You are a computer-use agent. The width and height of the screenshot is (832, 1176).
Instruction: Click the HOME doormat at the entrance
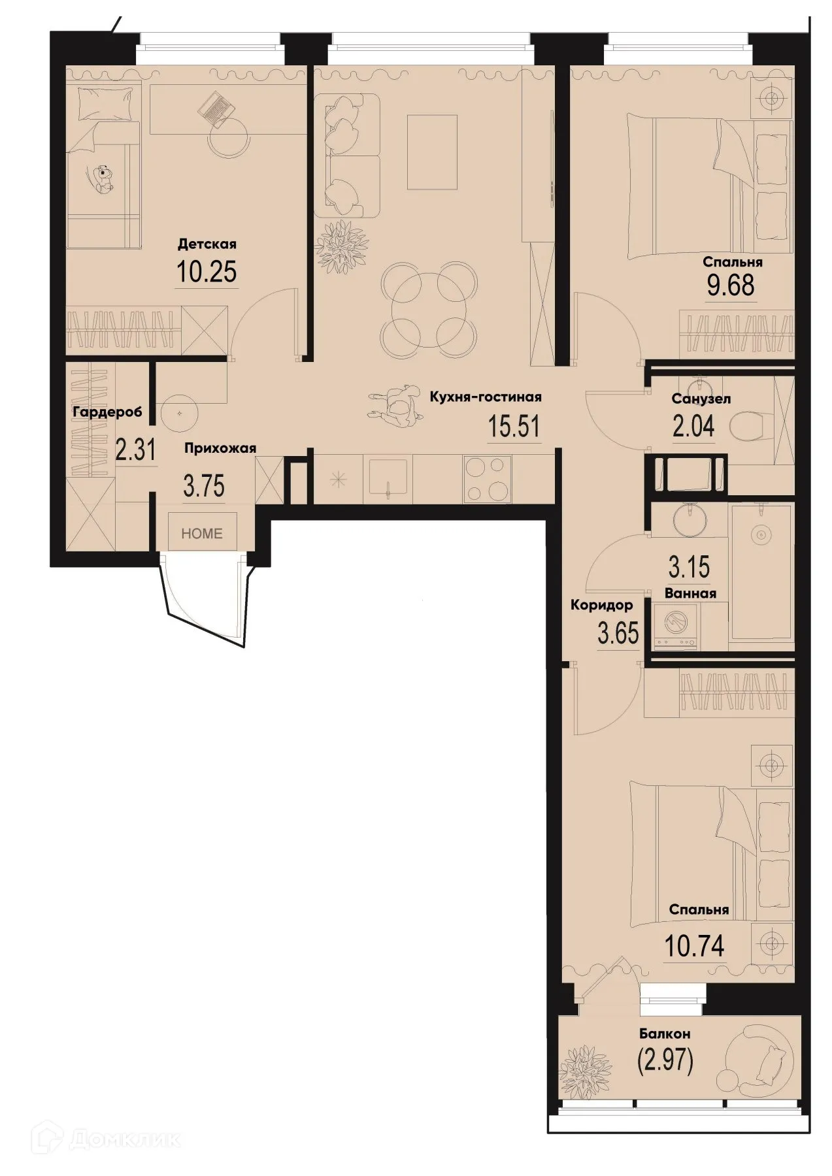(x=202, y=533)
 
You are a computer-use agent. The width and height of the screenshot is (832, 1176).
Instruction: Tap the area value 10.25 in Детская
(x=207, y=272)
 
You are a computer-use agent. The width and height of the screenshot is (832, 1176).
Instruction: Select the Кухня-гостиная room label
(x=485, y=397)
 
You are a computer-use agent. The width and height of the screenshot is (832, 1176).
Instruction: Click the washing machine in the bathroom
(x=676, y=627)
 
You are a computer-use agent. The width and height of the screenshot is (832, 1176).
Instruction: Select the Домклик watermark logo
(x=110, y=1139)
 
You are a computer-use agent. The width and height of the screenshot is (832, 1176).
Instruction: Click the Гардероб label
(x=107, y=412)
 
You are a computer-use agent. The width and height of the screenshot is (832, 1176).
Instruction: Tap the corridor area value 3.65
(x=618, y=633)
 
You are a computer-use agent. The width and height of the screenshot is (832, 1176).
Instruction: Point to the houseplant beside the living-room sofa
(x=340, y=248)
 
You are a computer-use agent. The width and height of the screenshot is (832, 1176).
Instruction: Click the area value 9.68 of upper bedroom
(x=730, y=286)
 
